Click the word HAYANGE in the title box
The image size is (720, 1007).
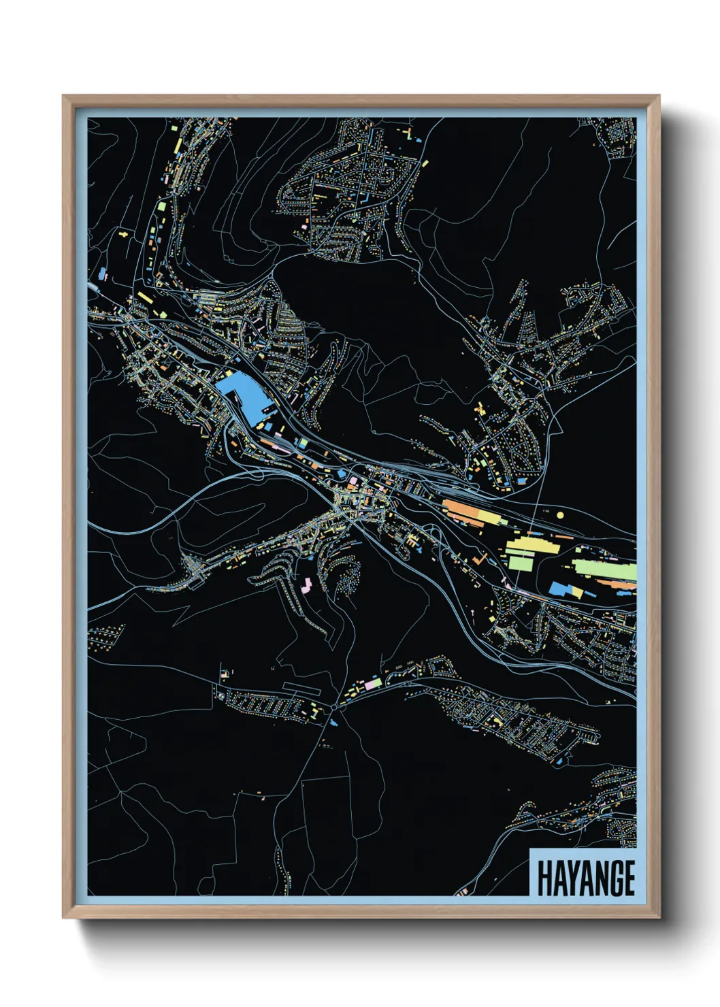tap(586, 878)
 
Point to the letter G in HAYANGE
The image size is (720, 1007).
tap(612, 878)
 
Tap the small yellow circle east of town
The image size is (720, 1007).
tap(560, 515)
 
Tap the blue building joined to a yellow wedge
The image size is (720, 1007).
tap(561, 589)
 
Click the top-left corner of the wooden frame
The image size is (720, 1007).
tap(64, 97)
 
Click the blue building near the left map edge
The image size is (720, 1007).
tap(102, 274)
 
